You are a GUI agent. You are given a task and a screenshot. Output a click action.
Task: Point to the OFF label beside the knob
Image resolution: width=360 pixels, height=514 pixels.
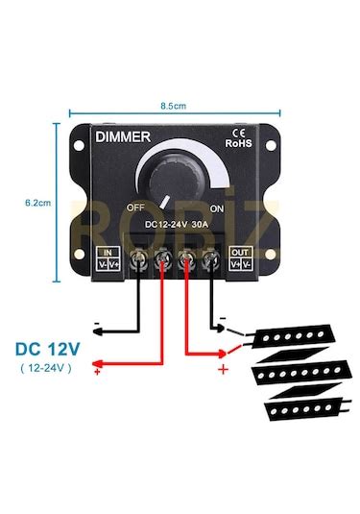click(x=135, y=208)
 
